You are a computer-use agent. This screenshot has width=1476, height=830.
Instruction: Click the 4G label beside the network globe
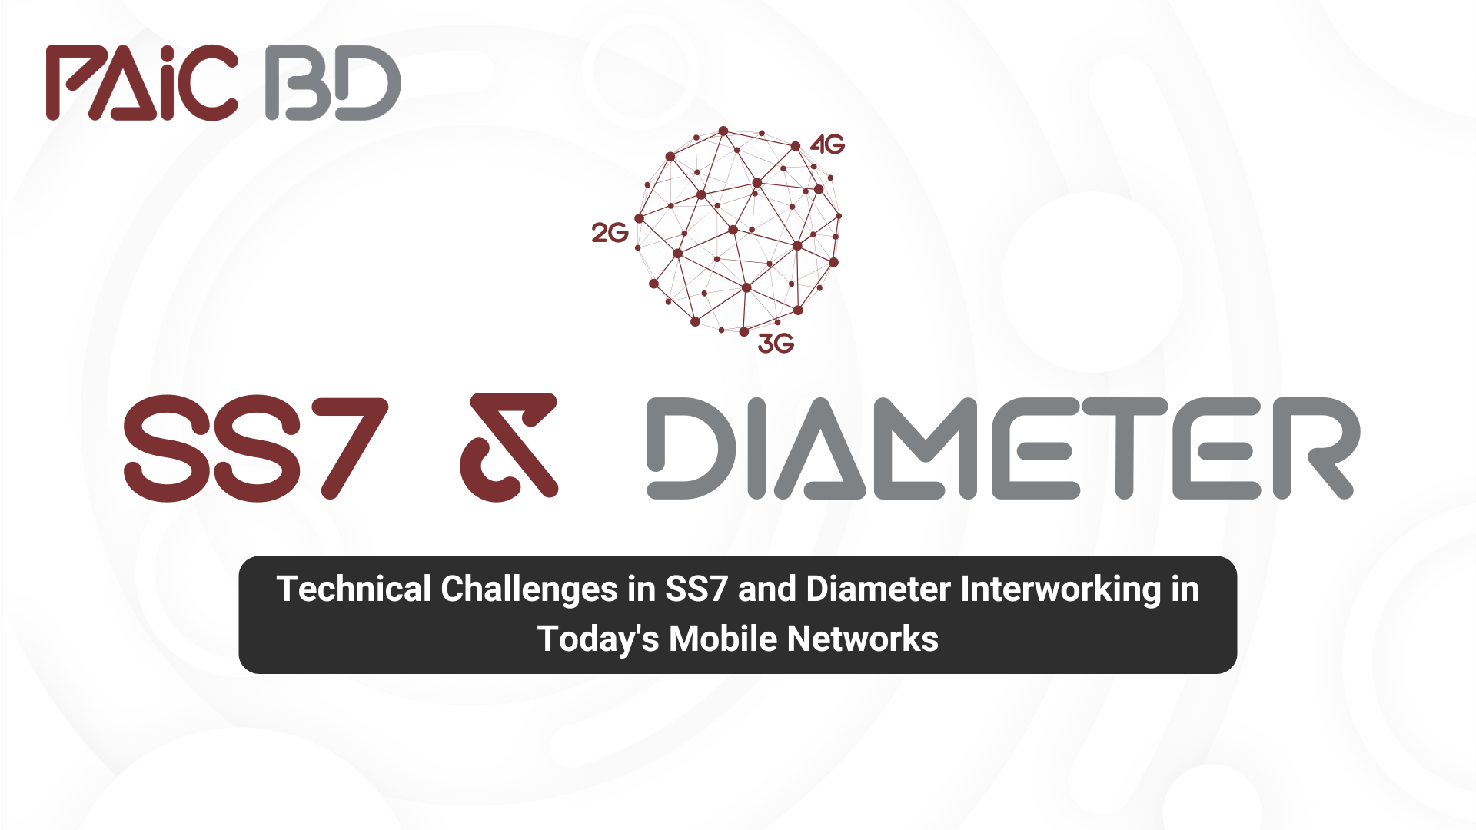click(827, 144)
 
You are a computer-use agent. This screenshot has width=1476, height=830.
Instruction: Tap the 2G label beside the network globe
click(610, 233)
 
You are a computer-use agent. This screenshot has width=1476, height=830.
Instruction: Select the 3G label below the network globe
click(776, 344)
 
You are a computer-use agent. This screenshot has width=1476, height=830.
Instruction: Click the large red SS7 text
click(256, 448)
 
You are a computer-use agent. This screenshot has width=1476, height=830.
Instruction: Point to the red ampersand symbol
click(509, 447)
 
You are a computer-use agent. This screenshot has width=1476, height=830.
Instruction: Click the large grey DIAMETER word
click(1003, 448)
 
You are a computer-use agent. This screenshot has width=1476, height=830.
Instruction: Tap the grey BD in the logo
click(333, 82)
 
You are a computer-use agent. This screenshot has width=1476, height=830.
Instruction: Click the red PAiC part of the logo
click(142, 82)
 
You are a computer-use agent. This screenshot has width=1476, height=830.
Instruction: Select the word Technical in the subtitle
click(354, 589)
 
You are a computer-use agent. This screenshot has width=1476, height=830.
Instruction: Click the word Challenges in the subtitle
click(530, 590)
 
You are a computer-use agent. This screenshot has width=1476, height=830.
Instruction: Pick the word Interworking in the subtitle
click(1061, 590)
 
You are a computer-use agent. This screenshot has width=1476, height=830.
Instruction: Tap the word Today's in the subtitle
click(598, 639)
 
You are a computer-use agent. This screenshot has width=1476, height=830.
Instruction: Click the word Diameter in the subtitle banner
click(879, 589)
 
